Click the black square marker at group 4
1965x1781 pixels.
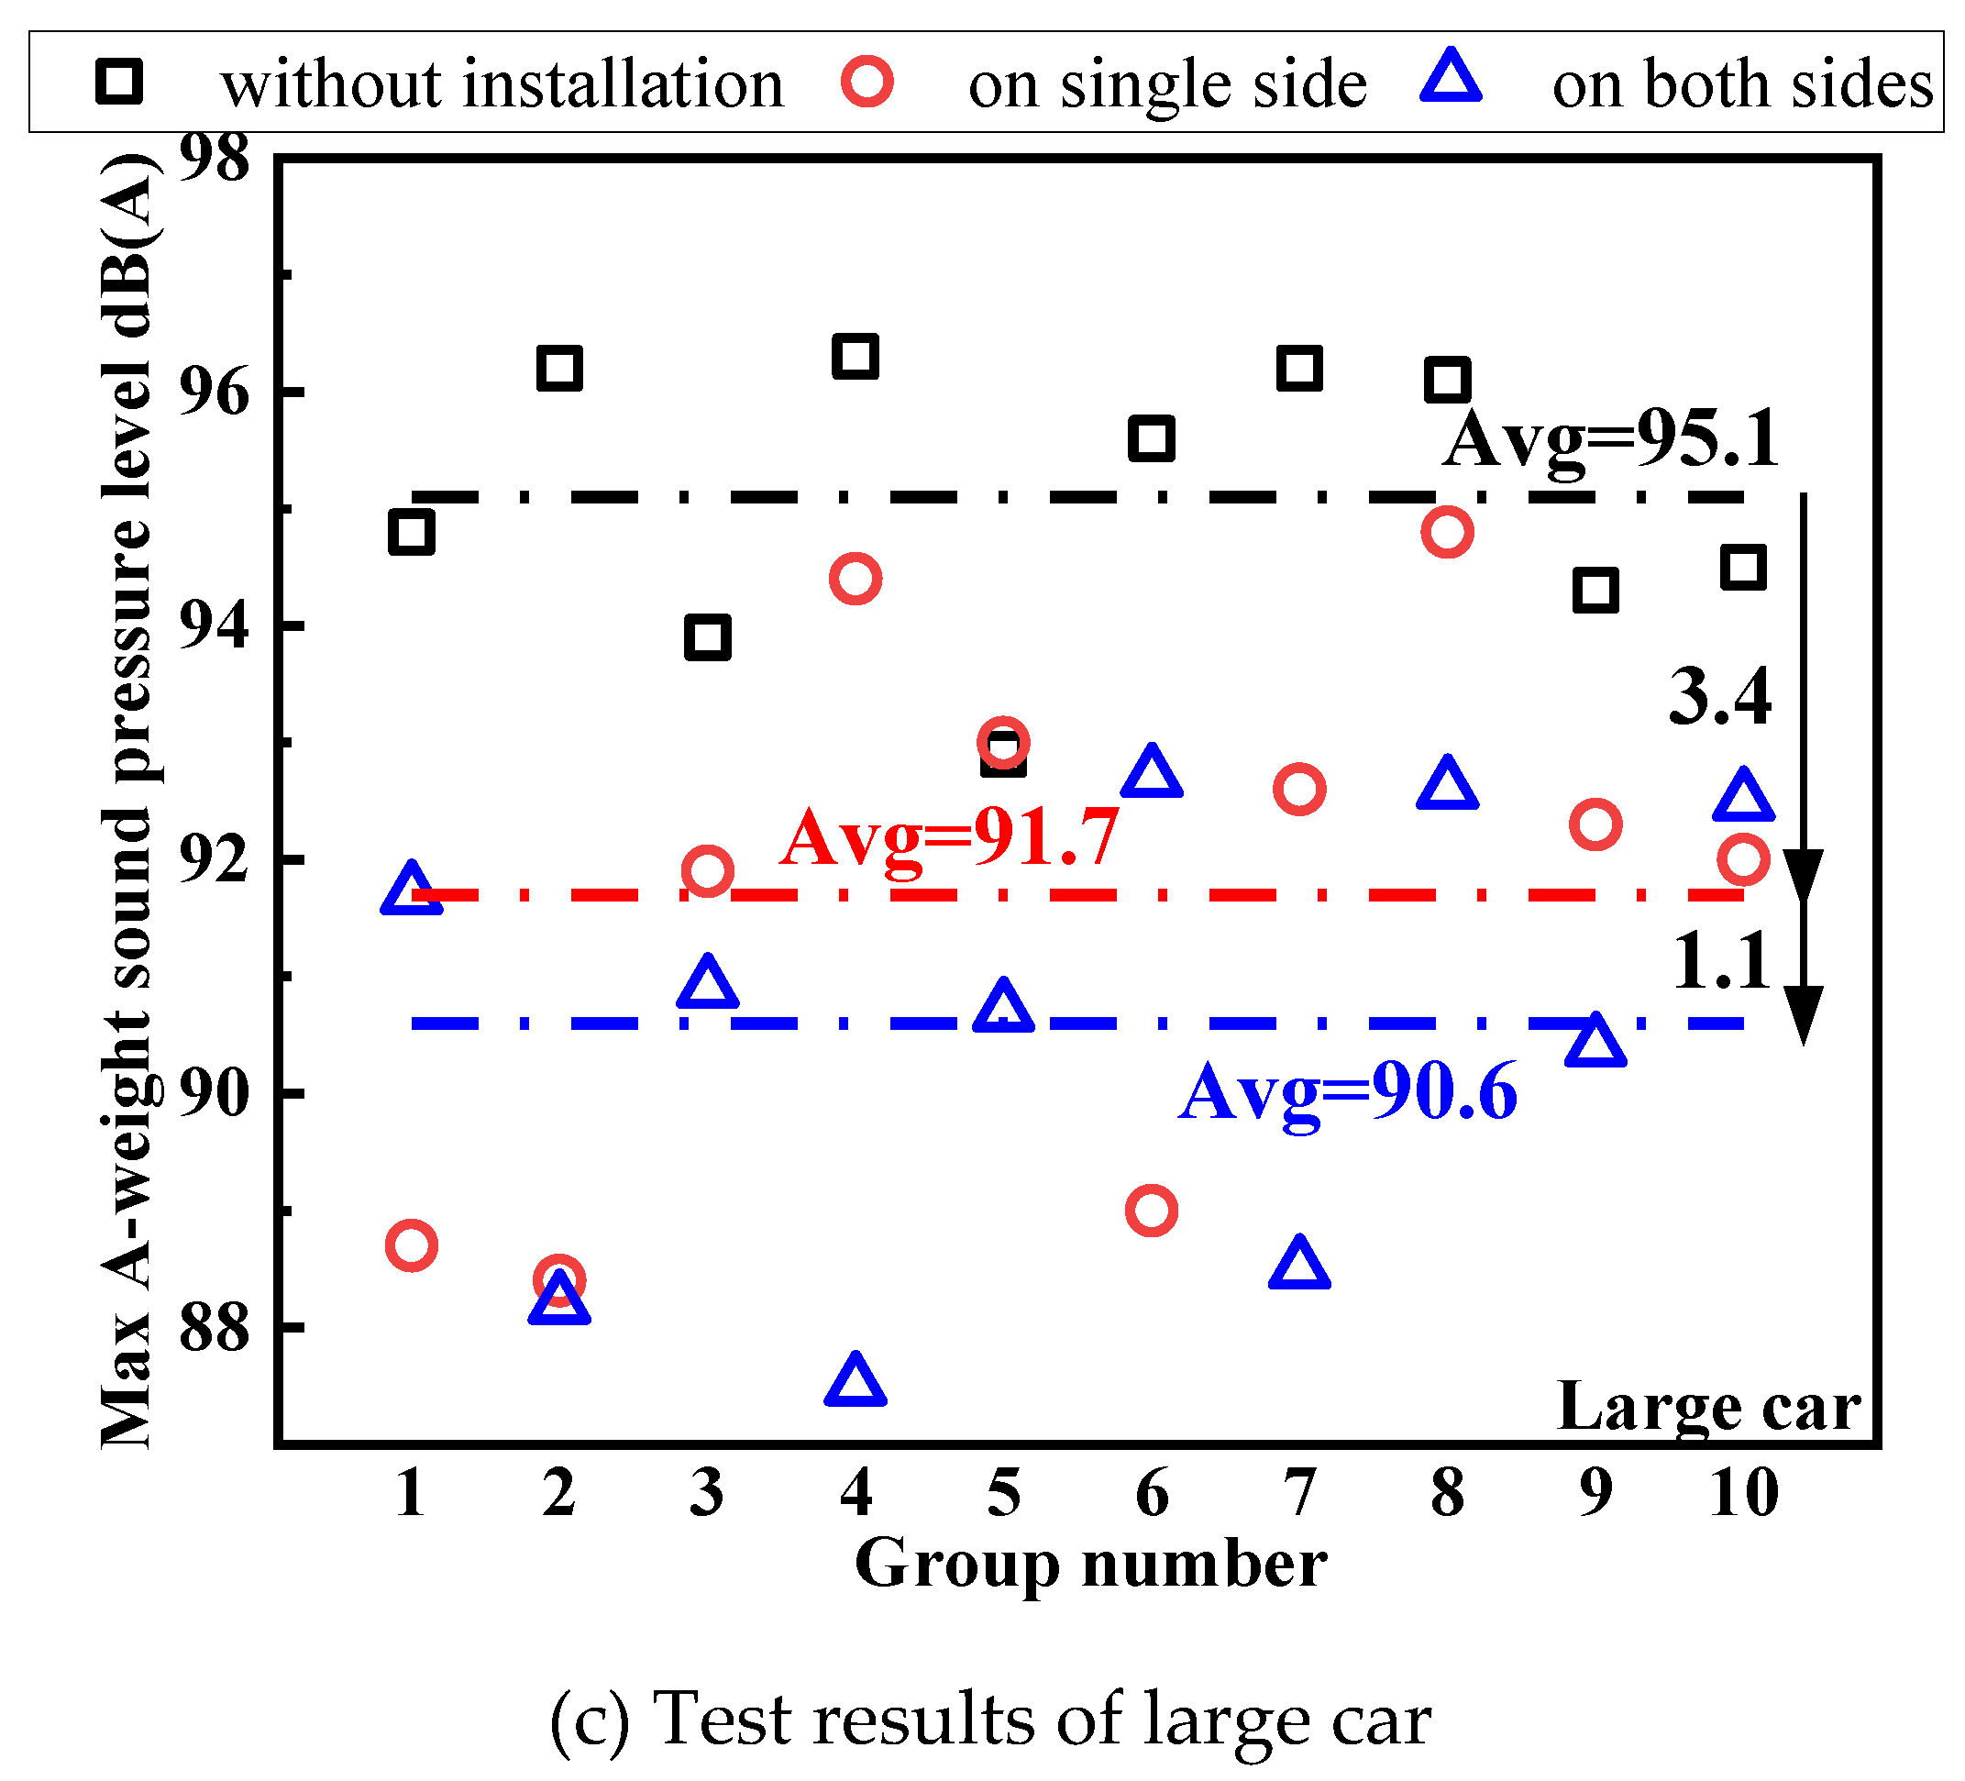click(855, 357)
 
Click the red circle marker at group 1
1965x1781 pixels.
click(412, 1244)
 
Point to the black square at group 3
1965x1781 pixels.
click(708, 637)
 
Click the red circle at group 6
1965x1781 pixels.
click(1151, 1211)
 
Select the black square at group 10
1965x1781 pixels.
click(1743, 568)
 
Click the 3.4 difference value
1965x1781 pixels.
click(1719, 698)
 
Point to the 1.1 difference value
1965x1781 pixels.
click(1721, 963)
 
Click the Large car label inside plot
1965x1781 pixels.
click(1708, 1409)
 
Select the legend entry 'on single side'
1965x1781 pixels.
click(1166, 83)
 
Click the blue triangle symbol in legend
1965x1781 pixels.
click(1451, 78)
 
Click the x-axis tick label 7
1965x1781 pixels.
click(1299, 1492)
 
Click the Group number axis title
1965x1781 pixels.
click(1089, 1565)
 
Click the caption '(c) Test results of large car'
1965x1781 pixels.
click(990, 1719)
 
